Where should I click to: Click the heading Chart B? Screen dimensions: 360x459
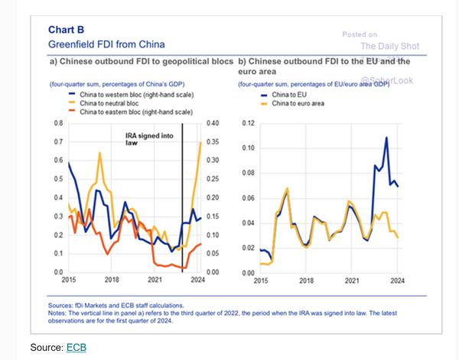click(x=67, y=30)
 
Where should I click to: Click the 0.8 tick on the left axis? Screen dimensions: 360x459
click(x=58, y=123)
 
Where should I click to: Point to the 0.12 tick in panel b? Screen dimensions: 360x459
click(x=248, y=123)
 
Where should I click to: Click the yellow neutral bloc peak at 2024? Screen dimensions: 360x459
click(x=200, y=142)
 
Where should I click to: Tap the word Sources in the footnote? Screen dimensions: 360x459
click(x=62, y=304)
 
